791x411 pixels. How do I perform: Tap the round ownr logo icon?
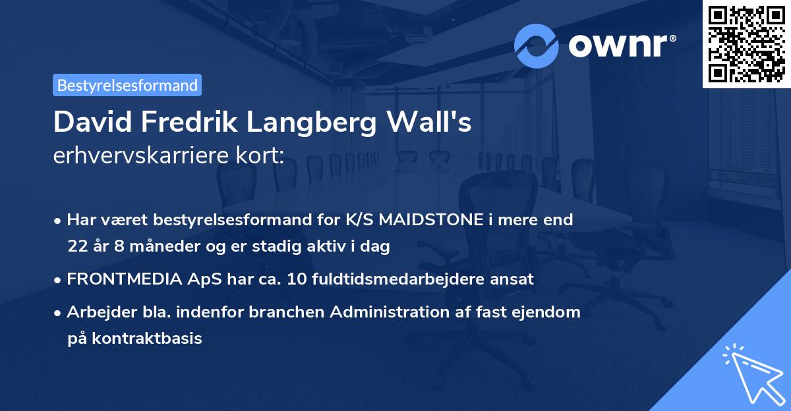point(537,46)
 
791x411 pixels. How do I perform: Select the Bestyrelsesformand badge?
point(127,85)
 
